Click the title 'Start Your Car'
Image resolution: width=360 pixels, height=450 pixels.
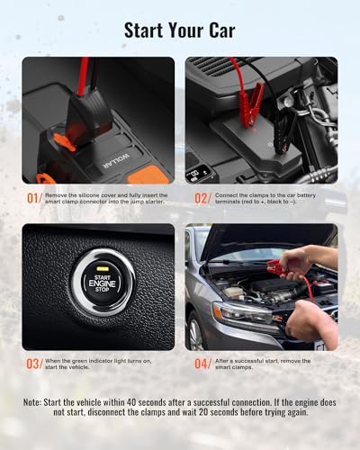tap(179, 31)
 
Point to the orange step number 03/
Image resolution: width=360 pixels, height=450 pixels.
tap(33, 364)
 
